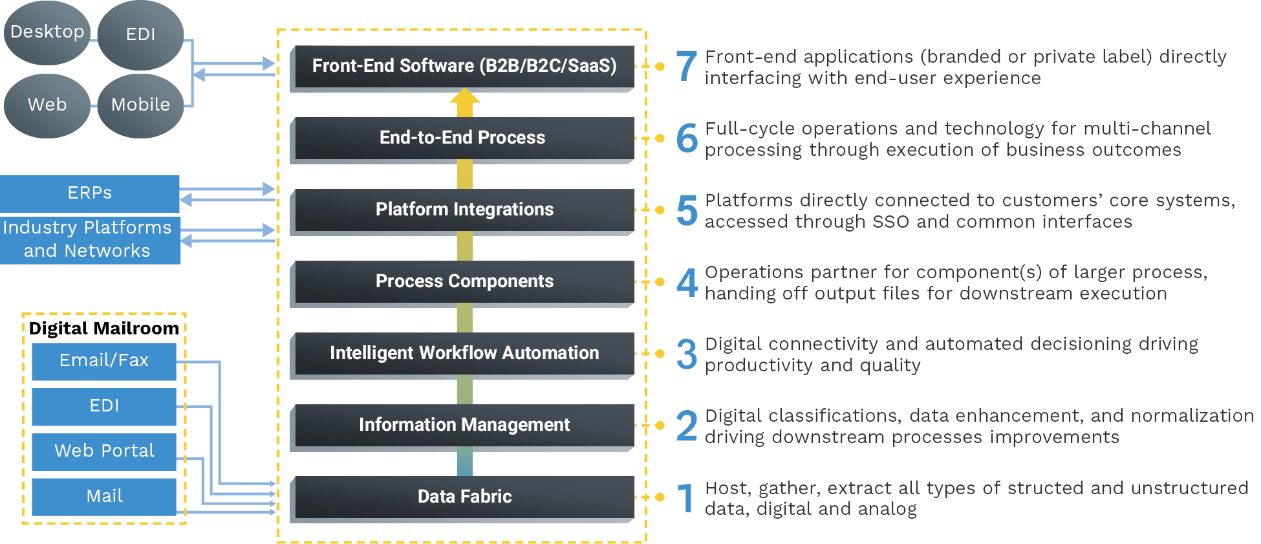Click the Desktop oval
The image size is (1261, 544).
pyautogui.click(x=47, y=32)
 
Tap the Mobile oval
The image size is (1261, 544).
pyautogui.click(x=140, y=105)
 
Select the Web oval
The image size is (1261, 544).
pyautogui.click(x=47, y=105)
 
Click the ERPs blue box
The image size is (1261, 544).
pyautogui.click(x=90, y=193)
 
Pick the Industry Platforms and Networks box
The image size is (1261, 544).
pyautogui.click(x=90, y=239)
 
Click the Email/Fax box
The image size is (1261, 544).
pyautogui.click(x=104, y=360)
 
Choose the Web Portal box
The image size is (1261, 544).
pyautogui.click(x=104, y=451)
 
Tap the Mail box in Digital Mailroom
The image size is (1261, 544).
pyautogui.click(x=104, y=496)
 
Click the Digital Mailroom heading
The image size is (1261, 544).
pyautogui.click(x=104, y=328)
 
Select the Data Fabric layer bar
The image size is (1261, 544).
pyautogui.click(x=464, y=496)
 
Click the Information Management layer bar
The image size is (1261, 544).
pyautogui.click(x=464, y=424)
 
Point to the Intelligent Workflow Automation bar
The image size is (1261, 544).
pyautogui.click(x=464, y=353)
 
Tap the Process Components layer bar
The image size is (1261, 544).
pyautogui.click(x=464, y=281)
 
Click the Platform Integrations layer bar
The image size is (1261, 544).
pyautogui.click(x=464, y=209)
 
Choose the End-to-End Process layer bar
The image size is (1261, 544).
pyautogui.click(x=464, y=137)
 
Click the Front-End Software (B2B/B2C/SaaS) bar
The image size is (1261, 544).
pyautogui.click(x=464, y=65)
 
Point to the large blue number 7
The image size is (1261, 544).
pyautogui.click(x=687, y=67)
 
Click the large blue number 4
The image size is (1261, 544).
pyautogui.click(x=687, y=283)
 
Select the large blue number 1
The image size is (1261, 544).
pyautogui.click(x=685, y=498)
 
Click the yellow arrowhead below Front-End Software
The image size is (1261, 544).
pyautogui.click(x=464, y=97)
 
